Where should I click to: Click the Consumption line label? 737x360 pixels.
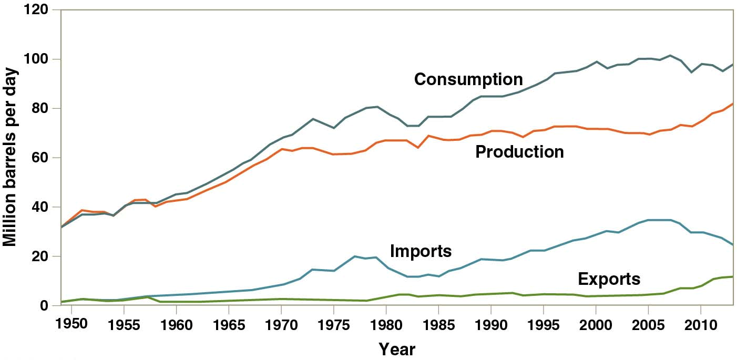pos(468,79)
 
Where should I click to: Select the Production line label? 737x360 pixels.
pos(519,152)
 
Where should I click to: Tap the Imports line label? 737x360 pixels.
pos(421,251)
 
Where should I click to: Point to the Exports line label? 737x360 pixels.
pos(609,279)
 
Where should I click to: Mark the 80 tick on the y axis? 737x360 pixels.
pos(42,109)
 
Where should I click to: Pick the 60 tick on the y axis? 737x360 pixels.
pos(42,158)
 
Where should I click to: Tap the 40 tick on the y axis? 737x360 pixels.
pos(42,208)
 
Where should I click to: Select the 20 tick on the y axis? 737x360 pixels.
pos(42,257)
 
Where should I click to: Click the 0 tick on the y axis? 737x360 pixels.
pos(46,306)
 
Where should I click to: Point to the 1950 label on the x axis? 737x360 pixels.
pos(71,323)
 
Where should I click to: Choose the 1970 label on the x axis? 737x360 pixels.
pos(281,323)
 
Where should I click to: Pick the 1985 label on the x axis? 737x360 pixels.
pos(438,323)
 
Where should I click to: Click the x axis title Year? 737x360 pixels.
pos(397,349)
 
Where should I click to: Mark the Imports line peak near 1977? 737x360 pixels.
pos(355,256)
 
